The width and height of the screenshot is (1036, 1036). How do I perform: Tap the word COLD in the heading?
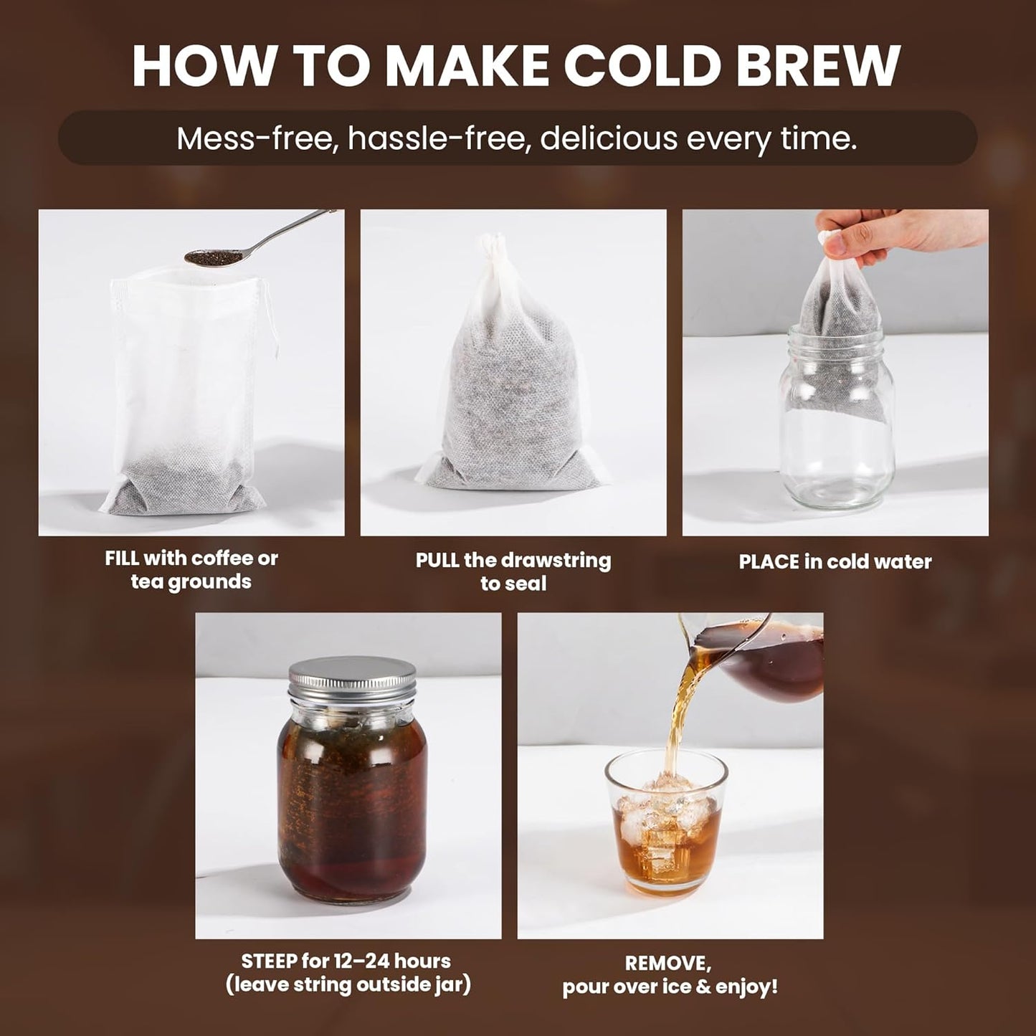640,66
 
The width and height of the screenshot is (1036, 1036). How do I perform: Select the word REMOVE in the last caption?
669,963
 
